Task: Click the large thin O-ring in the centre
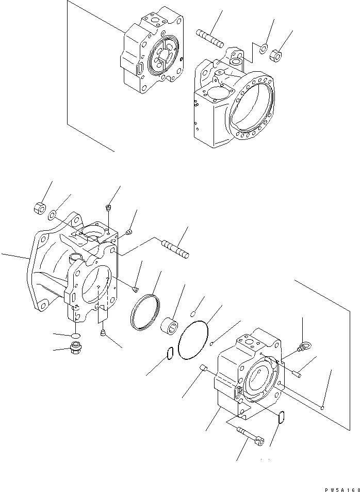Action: (192, 340)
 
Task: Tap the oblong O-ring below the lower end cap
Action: (281, 417)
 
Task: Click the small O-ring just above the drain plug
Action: (75, 336)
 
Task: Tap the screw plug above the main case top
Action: (108, 209)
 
